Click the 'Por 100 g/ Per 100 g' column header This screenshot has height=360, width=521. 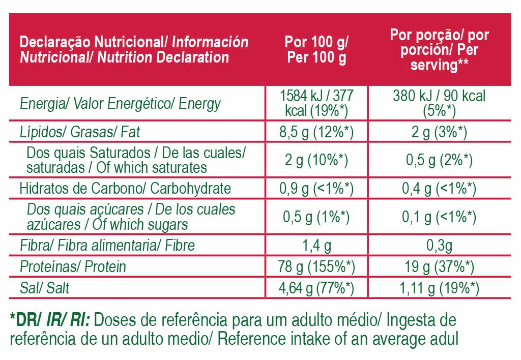pyautogui.click(x=316, y=50)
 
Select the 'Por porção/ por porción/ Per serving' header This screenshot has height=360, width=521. pyautogui.click(x=439, y=50)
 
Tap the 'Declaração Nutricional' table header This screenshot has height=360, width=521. pyautogui.click(x=134, y=49)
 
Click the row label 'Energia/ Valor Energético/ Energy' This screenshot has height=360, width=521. pyautogui.click(x=120, y=104)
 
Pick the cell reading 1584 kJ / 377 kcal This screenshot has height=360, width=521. pyautogui.click(x=316, y=103)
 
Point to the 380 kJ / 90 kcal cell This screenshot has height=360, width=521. pyautogui.click(x=439, y=103)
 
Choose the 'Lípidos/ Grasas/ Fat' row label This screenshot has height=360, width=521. pyautogui.click(x=79, y=132)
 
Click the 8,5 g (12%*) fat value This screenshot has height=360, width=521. pyautogui.click(x=316, y=132)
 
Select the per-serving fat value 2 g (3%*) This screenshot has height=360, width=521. pyautogui.click(x=439, y=132)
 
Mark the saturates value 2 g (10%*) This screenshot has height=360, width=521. pyautogui.click(x=316, y=160)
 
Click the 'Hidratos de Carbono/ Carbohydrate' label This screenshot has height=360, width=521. pyautogui.click(x=125, y=188)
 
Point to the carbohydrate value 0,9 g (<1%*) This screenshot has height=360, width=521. pyautogui.click(x=316, y=188)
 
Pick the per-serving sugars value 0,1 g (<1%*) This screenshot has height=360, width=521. pyautogui.click(x=439, y=217)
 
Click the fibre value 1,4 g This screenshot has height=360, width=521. pyautogui.click(x=316, y=246)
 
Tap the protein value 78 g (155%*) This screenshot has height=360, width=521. pyautogui.click(x=316, y=266)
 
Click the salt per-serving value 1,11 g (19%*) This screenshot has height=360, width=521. pyautogui.click(x=439, y=288)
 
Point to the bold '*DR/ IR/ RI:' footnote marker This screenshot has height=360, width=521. pyautogui.click(x=49, y=320)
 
